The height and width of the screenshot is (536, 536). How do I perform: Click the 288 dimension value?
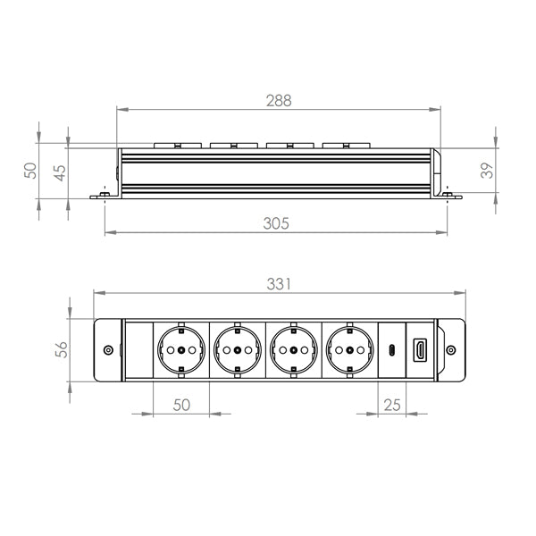[279, 101]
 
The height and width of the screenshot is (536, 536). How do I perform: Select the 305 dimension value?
[276, 224]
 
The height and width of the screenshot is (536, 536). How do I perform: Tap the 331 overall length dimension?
[279, 284]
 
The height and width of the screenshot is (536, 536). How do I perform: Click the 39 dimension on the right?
[487, 170]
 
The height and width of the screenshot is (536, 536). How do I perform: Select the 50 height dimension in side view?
[29, 169]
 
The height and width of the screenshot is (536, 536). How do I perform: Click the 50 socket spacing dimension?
[181, 404]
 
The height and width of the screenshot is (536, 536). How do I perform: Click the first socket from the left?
[181, 349]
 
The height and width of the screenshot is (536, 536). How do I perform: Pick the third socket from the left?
[293, 349]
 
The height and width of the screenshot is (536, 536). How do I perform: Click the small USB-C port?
[391, 349]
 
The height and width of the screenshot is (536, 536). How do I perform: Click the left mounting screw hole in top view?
[108, 350]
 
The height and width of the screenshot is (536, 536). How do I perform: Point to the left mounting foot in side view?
[103, 196]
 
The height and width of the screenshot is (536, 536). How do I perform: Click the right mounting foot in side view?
[451, 196]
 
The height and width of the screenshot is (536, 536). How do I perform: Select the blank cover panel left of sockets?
[138, 349]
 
